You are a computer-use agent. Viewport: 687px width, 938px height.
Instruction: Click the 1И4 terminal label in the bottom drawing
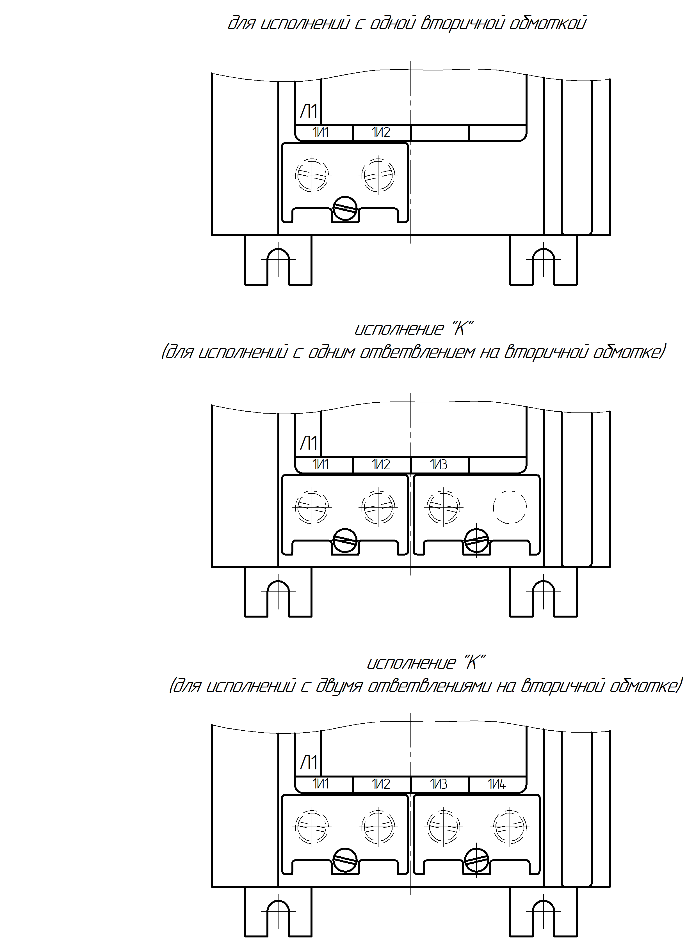(497, 784)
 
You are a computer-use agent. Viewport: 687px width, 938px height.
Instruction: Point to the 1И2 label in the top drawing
(381, 132)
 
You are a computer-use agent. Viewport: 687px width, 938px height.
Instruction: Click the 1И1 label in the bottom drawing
(321, 784)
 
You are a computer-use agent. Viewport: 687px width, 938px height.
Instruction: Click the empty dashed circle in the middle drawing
(510, 507)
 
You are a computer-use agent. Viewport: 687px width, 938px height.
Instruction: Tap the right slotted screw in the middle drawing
(476, 541)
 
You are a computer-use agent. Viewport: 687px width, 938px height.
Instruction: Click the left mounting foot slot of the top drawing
(278, 266)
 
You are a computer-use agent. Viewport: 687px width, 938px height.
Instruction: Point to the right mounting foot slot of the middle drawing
(544, 598)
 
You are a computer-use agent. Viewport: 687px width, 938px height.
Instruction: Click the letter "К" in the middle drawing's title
(461, 329)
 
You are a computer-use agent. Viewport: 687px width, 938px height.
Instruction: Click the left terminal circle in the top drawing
(312, 175)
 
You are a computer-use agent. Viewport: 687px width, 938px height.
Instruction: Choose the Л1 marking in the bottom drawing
(309, 763)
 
